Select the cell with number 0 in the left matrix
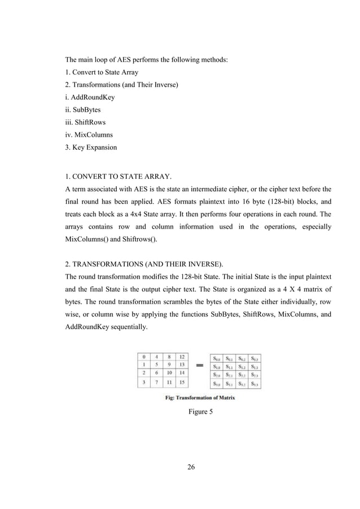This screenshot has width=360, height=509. [145, 357]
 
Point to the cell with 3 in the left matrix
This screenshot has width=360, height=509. [145, 383]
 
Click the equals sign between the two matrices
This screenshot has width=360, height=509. [198, 366]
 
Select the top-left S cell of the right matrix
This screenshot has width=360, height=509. [216, 357]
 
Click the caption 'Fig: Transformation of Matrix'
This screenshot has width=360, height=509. [197, 397]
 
